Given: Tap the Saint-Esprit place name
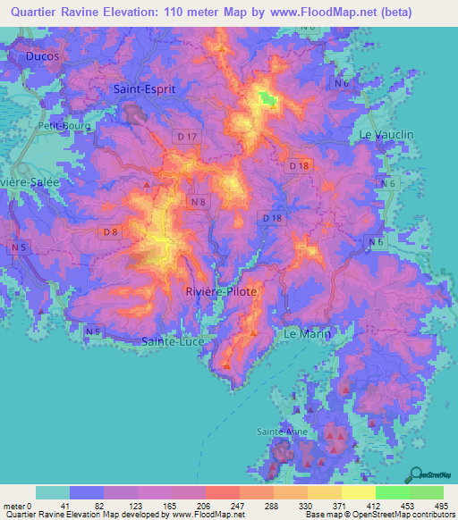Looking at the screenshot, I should pos(145,89).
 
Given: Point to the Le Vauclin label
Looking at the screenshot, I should pos(386,134).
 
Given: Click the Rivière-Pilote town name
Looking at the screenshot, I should pos(221,292).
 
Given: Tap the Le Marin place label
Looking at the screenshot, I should pos(307,333).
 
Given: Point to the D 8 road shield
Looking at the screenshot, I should pos(111,232).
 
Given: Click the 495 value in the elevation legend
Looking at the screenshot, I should pos(440,506).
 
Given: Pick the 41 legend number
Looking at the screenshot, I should pos(66,506).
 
